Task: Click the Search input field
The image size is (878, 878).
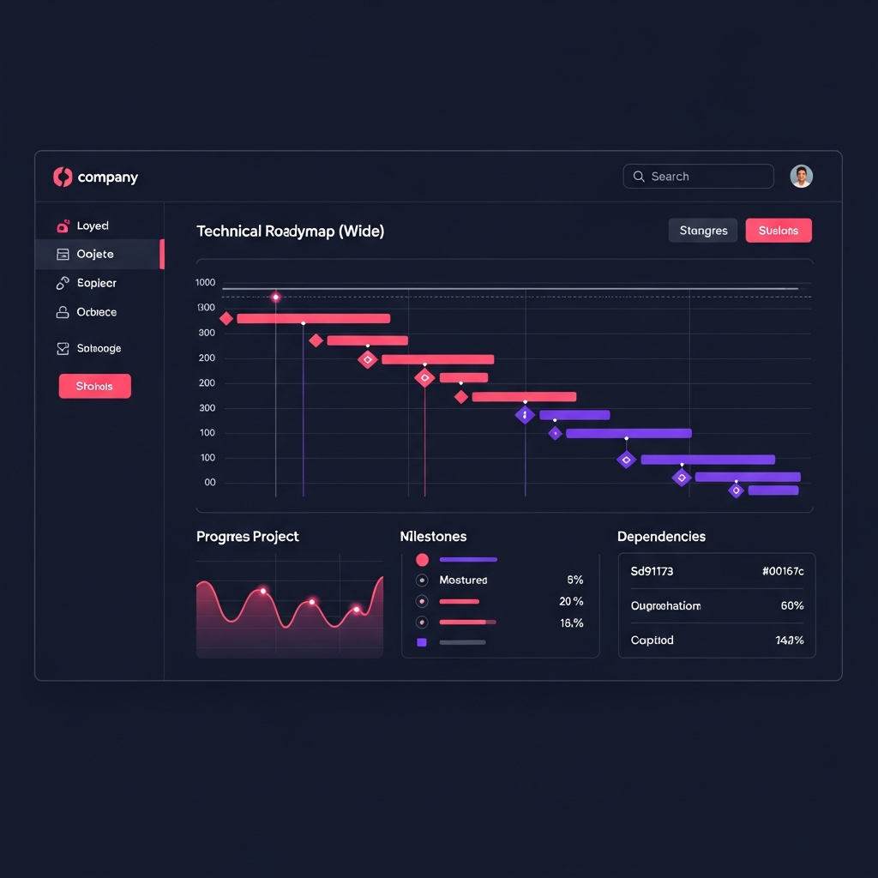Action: pyautogui.click(x=698, y=177)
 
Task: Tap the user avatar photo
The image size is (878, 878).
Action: pyautogui.click(x=801, y=177)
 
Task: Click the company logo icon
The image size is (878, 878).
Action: pyautogui.click(x=63, y=177)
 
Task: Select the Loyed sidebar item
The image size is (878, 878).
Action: pyautogui.click(x=93, y=226)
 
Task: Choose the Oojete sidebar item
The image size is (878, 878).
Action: pyautogui.click(x=95, y=255)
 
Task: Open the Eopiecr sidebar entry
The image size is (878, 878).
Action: pyautogui.click(x=96, y=283)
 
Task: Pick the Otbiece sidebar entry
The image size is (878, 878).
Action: pyautogui.click(x=96, y=312)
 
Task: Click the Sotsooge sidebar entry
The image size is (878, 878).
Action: pyautogui.click(x=99, y=349)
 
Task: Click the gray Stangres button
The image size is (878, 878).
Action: pyautogui.click(x=703, y=231)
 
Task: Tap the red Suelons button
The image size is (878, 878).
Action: pyautogui.click(x=779, y=231)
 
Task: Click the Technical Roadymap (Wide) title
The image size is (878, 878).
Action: pyautogui.click(x=290, y=232)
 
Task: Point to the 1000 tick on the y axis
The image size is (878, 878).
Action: pyautogui.click(x=206, y=282)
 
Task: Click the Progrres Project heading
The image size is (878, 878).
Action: pyautogui.click(x=248, y=537)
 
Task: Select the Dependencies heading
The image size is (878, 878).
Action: pyautogui.click(x=661, y=537)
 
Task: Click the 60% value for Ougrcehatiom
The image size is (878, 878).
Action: pyautogui.click(x=791, y=605)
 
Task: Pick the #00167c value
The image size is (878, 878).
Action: pyautogui.click(x=782, y=571)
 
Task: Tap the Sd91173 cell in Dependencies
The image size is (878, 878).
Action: pyautogui.click(x=652, y=571)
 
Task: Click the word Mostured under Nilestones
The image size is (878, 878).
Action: pyautogui.click(x=463, y=580)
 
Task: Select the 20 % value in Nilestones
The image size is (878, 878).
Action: pyautogui.click(x=571, y=602)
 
